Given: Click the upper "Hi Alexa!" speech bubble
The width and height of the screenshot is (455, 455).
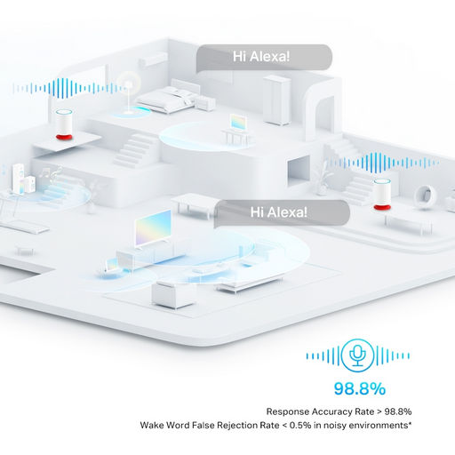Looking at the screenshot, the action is coord(264,58).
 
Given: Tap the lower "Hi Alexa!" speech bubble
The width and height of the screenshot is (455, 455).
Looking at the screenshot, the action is coord(282,212).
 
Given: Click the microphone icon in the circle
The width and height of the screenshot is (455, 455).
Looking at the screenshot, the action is coord(357,355).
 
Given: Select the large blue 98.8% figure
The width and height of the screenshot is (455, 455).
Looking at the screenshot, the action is coord(360,388).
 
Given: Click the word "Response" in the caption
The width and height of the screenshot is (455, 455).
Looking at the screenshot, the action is coord(287,411).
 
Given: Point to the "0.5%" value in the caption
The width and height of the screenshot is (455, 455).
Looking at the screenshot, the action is coord(300,426).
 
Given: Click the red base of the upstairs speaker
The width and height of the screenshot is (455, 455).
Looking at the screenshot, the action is coord(64,137).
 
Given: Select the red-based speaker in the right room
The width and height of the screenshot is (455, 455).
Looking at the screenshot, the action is coord(381,195).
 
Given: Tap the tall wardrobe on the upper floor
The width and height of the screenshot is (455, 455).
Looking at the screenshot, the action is coord(276,100).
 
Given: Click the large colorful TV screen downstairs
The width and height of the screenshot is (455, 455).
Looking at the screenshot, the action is coord(153,228).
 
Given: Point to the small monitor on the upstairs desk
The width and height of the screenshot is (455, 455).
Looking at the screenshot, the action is coord(238,123).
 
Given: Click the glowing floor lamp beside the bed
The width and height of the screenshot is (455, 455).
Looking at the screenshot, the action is coord(129,95).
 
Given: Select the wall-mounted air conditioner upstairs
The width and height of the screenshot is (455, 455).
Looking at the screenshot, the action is coord(153,60).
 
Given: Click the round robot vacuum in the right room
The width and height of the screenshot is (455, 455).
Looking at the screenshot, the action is coord(426,195).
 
